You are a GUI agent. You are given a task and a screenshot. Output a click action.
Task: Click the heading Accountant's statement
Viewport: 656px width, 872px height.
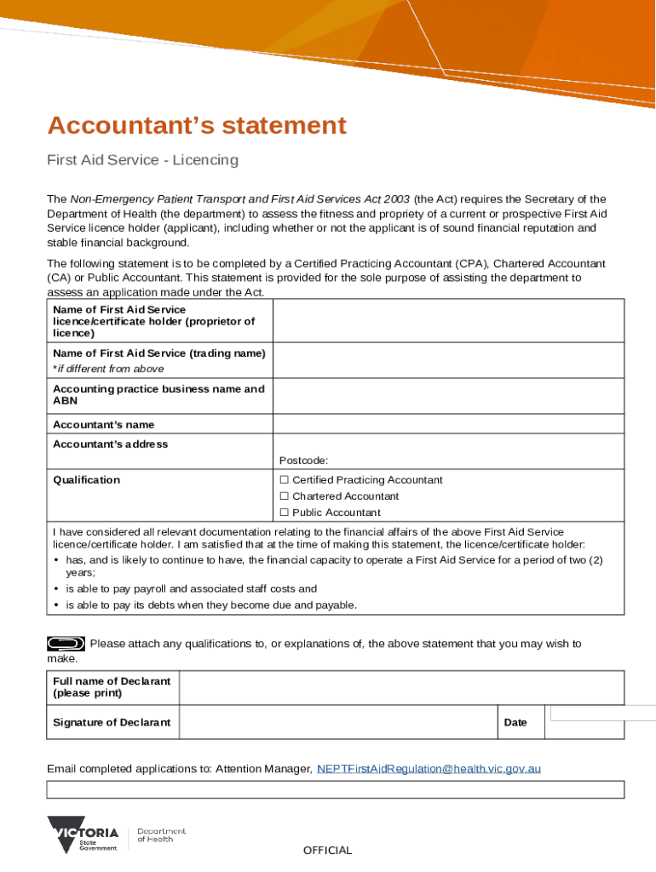(197, 126)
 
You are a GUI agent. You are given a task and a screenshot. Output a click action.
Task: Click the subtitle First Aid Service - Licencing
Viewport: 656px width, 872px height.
(142, 160)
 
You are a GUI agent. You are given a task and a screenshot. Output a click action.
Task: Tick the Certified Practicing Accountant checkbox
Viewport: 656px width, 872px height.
(285, 480)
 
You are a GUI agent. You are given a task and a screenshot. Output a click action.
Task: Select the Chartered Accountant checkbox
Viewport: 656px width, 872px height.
(285, 496)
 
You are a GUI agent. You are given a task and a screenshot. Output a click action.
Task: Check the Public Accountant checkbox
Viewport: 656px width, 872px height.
(285, 513)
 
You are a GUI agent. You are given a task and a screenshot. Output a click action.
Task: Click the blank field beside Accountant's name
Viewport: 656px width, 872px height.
(447, 425)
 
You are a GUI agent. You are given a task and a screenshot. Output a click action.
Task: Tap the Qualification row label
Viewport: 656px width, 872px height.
(86, 480)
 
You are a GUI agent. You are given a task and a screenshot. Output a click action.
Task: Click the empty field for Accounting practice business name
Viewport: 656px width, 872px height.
(447, 396)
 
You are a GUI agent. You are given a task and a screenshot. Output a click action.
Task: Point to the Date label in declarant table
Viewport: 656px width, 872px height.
(515, 722)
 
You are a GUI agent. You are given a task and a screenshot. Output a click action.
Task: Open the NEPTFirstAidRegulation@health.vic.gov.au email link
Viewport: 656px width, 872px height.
(429, 769)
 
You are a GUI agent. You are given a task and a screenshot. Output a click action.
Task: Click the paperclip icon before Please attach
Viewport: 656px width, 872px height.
(66, 643)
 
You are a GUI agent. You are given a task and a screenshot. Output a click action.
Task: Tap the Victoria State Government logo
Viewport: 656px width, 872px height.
(83, 835)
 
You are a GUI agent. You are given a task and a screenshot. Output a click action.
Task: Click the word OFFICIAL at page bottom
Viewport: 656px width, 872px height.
(327, 851)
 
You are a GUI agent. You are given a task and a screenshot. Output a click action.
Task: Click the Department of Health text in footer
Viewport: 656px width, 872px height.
(161, 835)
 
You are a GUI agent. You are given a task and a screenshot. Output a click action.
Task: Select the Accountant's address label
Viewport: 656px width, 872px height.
(110, 445)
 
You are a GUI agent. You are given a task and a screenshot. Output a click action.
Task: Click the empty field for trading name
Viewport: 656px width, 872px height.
(447, 360)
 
